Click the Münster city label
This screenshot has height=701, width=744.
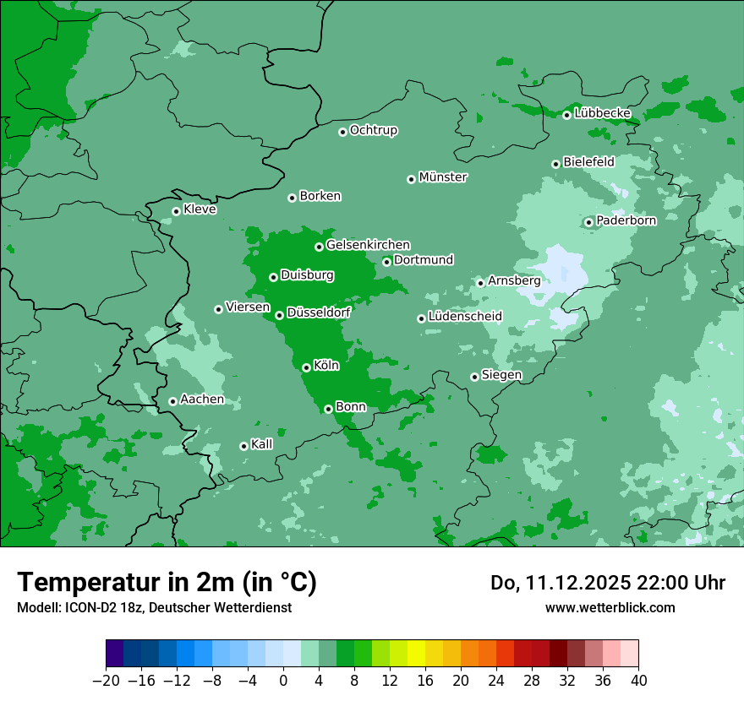[443, 177]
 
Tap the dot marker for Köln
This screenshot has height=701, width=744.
[306, 367]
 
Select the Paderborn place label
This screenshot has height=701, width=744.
[626, 220]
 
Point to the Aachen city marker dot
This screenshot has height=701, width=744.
[172, 401]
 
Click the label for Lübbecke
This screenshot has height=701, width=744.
[602, 113]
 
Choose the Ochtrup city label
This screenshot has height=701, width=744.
[373, 130]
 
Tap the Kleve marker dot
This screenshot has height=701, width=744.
[176, 211]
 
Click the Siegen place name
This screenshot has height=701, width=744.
[501, 375]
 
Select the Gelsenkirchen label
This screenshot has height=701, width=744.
[368, 245]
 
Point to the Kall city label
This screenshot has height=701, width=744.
[262, 444]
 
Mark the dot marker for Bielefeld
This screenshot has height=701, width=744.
[555, 164]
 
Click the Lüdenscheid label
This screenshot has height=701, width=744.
[465, 317]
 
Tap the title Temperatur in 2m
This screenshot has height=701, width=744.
[167, 582]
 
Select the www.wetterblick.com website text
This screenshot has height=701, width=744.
[610, 607]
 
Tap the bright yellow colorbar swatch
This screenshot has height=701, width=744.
[416, 654]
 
